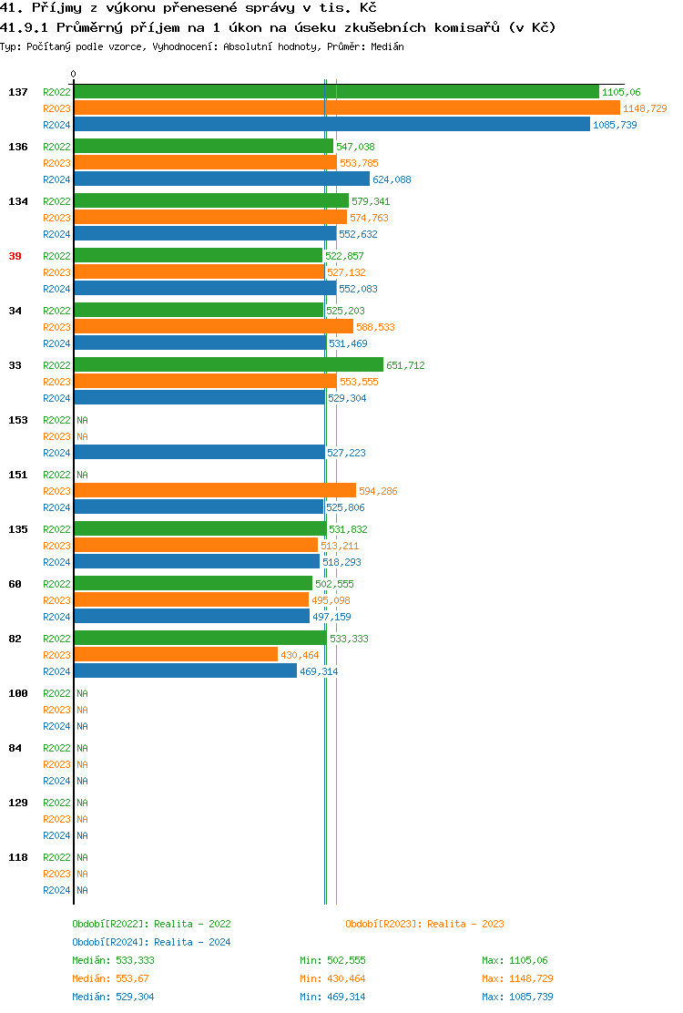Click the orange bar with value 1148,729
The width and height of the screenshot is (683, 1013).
[346, 108]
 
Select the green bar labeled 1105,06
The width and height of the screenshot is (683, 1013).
[336, 92]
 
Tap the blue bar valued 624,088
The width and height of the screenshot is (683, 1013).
[221, 179]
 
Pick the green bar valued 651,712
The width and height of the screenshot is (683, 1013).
[229, 365]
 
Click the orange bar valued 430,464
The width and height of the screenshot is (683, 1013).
[176, 655]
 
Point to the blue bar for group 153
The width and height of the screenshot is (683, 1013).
[199, 453]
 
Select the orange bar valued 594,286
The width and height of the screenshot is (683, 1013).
[215, 491]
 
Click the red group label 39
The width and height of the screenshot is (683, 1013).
[15, 256]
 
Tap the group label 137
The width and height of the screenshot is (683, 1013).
[18, 92]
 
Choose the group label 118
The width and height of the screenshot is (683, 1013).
[18, 857]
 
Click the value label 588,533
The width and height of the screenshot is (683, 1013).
[375, 327]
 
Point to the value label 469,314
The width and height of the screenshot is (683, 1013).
[319, 671]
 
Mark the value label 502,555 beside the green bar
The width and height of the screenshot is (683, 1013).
[334, 584]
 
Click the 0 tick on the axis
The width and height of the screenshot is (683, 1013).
[74, 74]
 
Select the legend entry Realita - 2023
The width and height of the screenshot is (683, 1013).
[424, 924]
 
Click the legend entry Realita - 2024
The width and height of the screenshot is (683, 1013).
[151, 942]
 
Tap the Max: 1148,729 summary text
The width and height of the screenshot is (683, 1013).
[517, 978]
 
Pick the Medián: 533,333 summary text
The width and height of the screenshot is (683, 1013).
[113, 960]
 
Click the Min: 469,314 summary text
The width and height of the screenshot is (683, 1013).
[332, 997]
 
